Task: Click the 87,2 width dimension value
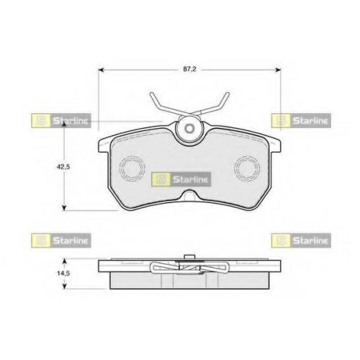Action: click(189, 69)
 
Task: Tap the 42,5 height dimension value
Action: click(63, 167)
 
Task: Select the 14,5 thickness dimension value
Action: click(63, 274)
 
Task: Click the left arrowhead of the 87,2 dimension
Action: click(101, 70)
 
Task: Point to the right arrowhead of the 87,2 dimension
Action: click(278, 70)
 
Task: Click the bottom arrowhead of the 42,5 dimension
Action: click(64, 208)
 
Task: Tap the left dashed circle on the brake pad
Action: click(132, 168)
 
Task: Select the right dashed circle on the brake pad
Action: click(248, 168)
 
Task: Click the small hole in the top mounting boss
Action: click(190, 128)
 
